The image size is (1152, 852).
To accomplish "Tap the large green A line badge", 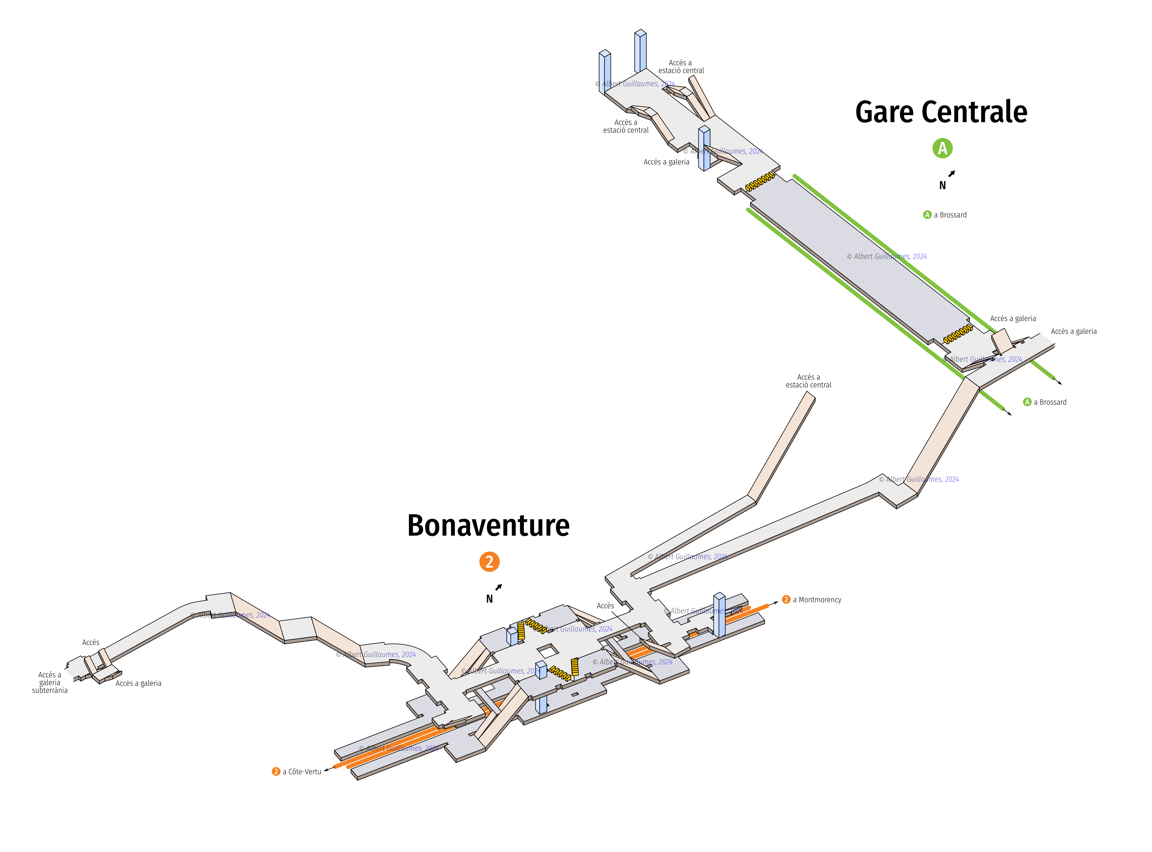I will coord(942,149).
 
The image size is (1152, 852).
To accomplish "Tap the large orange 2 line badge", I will coord(489,562).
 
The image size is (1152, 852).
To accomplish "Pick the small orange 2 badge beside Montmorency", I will coord(786,600).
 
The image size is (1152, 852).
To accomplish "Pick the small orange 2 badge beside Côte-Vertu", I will coord(276,772).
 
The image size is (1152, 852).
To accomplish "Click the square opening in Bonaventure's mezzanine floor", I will coord(547,651).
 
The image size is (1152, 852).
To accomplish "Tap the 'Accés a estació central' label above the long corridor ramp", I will coord(808,381).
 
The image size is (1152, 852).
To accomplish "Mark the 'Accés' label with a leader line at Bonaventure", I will coord(605,606).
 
